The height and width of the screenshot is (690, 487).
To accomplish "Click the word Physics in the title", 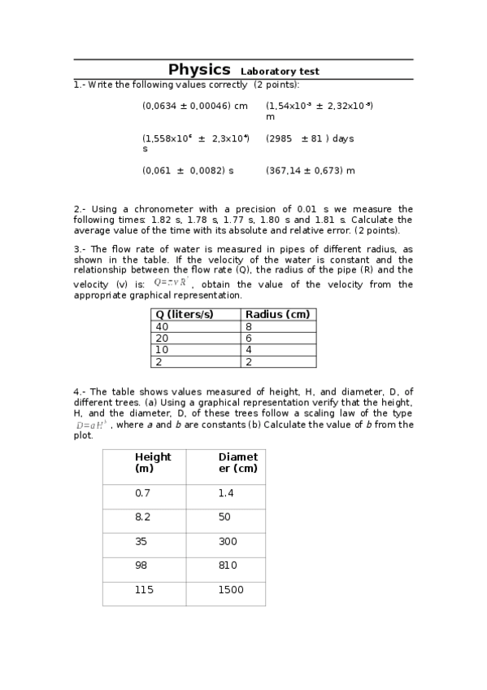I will [x=199, y=70].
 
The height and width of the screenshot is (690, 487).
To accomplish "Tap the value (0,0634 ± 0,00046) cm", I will [x=195, y=106].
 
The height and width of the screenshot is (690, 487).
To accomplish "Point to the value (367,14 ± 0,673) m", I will [x=310, y=171].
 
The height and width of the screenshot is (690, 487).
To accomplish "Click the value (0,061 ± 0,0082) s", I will [x=188, y=171].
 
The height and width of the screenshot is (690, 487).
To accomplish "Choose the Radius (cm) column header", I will [x=277, y=315].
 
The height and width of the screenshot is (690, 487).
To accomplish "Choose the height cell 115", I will [x=144, y=590].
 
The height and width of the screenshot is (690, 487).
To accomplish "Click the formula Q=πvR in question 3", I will [x=172, y=282].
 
